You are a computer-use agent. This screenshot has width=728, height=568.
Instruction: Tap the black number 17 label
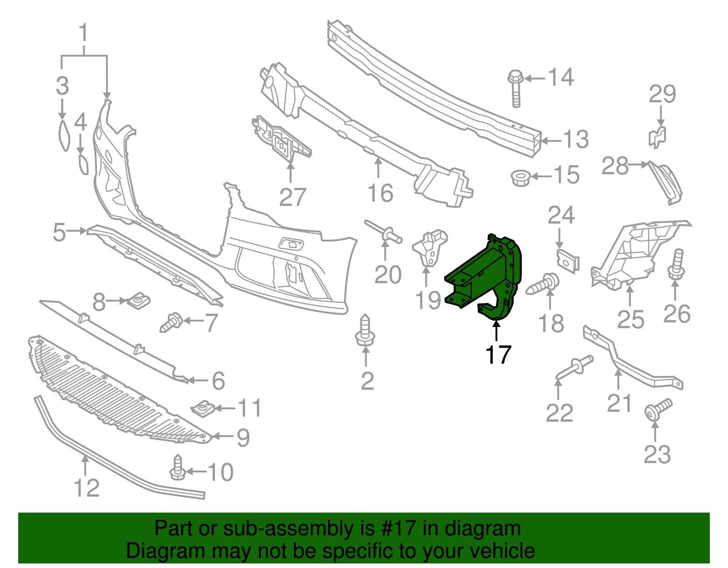click(498, 355)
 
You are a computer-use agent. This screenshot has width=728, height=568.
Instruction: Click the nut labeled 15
click(519, 177)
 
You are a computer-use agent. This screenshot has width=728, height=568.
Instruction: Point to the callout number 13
click(576, 139)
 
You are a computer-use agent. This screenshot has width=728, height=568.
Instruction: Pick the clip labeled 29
click(657, 136)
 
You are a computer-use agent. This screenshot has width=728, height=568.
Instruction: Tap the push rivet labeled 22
click(574, 367)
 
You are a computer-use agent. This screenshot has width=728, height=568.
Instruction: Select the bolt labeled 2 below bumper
click(365, 332)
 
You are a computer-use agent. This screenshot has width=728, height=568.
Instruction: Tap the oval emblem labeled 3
click(63, 136)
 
